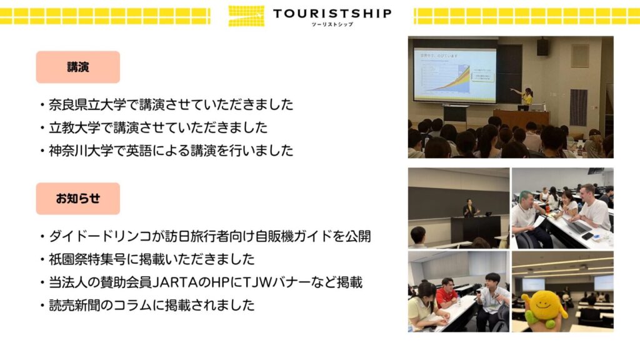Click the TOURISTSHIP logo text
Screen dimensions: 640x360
pos(332,14)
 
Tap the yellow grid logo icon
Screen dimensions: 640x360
pos(246,16)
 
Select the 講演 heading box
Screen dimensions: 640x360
pos(78,67)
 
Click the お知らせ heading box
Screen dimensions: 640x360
pos(78,198)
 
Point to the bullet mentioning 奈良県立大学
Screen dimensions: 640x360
pos(167,104)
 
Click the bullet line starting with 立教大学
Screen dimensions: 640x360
pos(154,127)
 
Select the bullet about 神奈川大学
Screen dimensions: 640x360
pos(167,151)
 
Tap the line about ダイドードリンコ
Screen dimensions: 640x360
pos(206,236)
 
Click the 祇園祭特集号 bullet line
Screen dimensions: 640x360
pos(147,259)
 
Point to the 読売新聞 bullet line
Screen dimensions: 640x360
pos(147,305)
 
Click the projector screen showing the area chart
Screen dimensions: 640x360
pos(455,75)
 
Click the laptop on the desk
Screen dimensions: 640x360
pos(576,225)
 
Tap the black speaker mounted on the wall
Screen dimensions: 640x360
pos(542,47)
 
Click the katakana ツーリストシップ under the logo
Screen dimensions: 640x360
pos(332,24)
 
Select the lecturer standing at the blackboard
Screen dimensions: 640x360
pos(469,208)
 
